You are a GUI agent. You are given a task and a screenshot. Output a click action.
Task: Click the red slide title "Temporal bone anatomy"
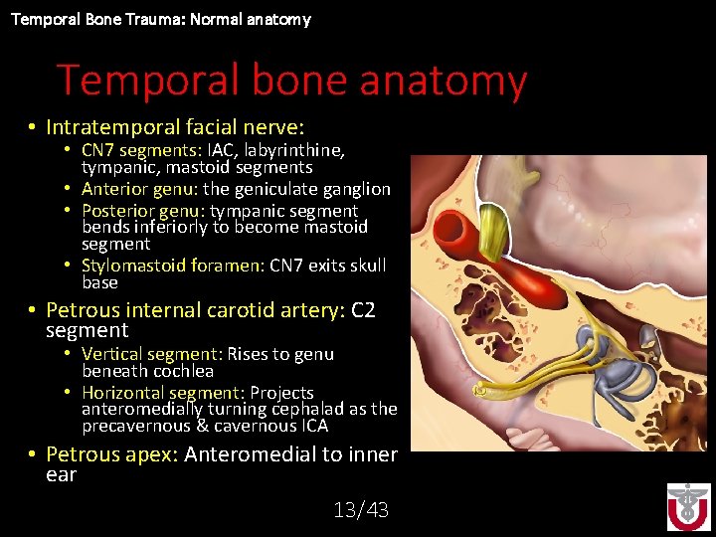coord(290,82)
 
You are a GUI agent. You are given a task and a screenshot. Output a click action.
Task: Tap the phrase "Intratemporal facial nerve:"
coord(175,127)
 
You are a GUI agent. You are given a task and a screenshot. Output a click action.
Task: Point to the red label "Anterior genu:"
coord(139,189)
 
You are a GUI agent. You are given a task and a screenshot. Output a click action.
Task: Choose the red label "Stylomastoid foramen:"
coord(173,266)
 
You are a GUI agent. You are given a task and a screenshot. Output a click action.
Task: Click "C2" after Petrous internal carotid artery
coord(363,310)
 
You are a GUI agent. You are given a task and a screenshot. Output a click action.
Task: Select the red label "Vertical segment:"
coord(151,354)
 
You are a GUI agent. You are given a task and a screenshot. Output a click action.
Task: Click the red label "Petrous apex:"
coord(112,454)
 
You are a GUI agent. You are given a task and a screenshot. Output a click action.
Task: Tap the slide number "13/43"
coord(361,510)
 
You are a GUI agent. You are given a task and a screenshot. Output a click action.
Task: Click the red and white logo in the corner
coord(688,506)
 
